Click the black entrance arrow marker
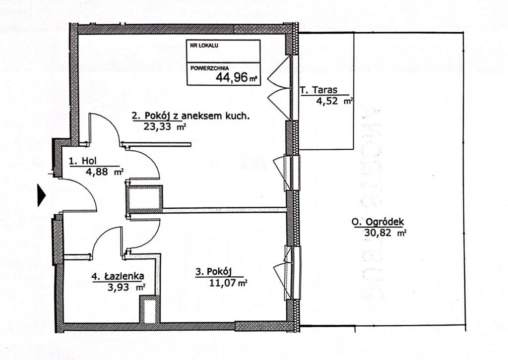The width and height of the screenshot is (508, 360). [42, 195]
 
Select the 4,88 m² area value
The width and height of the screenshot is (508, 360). [104, 172]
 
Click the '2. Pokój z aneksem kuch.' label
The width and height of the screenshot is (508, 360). [191, 116]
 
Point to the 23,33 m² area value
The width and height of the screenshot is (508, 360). [165, 126]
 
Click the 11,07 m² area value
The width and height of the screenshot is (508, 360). [228, 283]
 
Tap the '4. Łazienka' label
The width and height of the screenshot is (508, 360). [118, 276]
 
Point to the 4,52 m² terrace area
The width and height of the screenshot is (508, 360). [334, 101]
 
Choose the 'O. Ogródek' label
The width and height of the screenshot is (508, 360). [378, 222]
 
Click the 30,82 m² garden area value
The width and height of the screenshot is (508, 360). [385, 233]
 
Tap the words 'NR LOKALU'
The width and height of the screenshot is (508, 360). [204, 46]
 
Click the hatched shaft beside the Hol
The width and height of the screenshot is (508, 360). [144, 199]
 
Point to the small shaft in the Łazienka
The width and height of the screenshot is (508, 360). [149, 309]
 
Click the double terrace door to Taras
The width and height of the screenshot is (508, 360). [279, 87]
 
